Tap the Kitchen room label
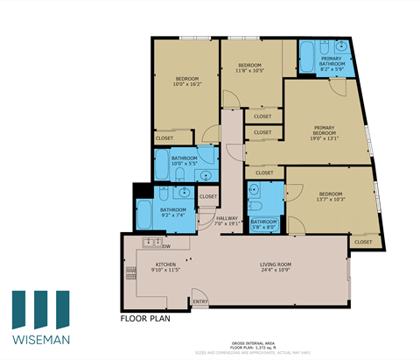(166, 264)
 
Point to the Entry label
(200, 301)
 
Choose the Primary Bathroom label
(332, 60)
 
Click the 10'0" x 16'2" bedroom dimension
(186, 85)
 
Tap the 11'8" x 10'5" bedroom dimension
(251, 71)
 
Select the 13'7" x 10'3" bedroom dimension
(331, 199)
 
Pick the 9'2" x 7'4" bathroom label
(172, 215)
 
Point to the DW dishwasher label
(165, 245)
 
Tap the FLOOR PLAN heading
(145, 319)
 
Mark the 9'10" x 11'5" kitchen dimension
(166, 270)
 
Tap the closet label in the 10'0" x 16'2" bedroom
(164, 138)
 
